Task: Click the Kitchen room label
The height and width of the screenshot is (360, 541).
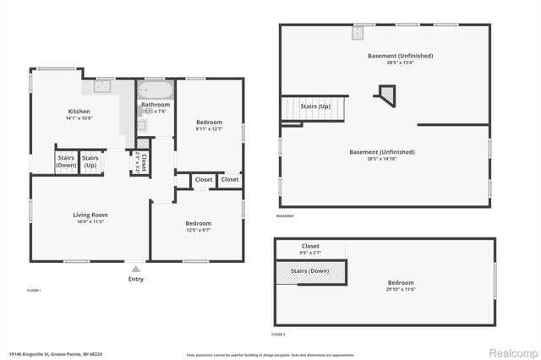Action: (79, 112)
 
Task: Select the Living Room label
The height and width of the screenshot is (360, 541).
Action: (90, 215)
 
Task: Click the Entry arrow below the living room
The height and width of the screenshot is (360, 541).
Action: (135, 269)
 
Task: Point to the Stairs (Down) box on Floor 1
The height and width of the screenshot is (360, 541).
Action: (67, 161)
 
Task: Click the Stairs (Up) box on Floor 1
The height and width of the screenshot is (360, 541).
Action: (90, 161)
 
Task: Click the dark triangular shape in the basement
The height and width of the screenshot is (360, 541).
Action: (386, 94)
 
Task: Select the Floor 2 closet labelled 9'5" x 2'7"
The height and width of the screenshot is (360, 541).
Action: (309, 253)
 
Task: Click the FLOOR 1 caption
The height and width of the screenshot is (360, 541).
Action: (34, 290)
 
